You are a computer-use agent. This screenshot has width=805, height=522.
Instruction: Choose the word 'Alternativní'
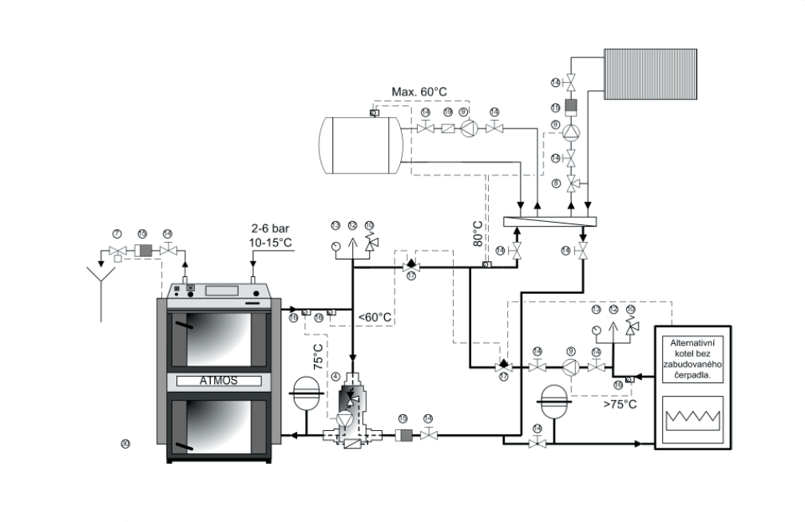coord(692,342)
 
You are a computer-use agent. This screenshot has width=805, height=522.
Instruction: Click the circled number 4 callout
coord(335,375)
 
